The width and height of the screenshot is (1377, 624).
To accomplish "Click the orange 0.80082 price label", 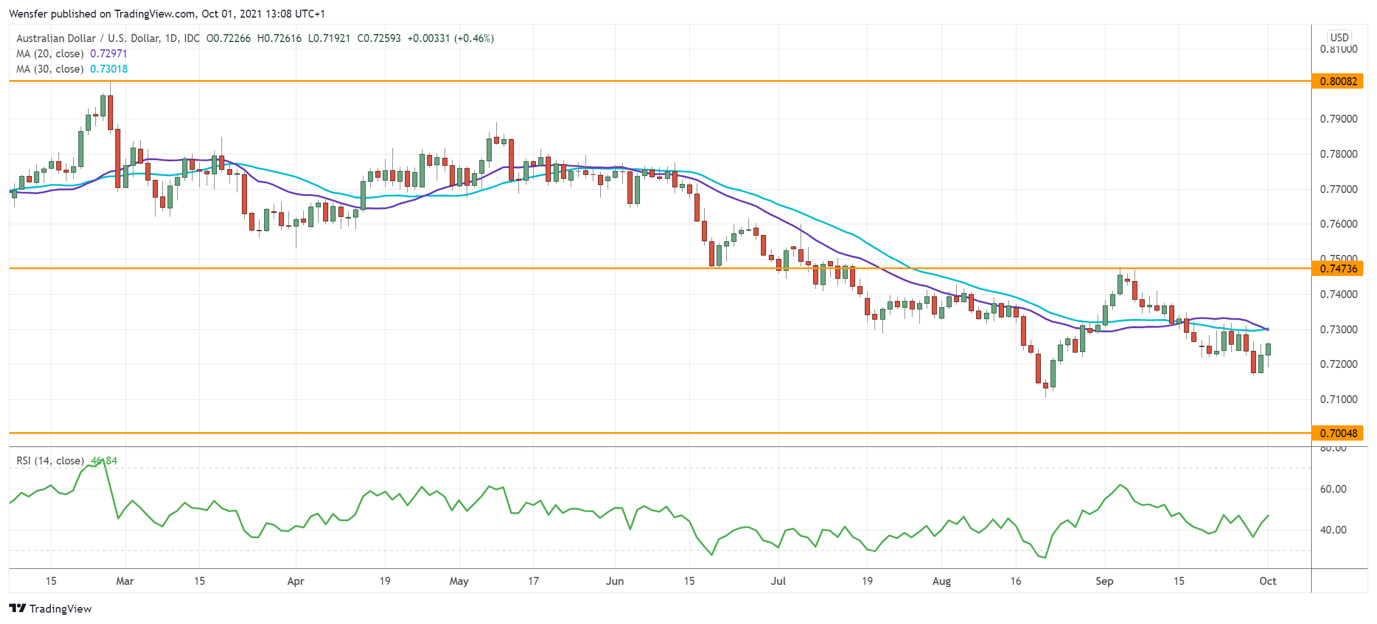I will (x=1338, y=81).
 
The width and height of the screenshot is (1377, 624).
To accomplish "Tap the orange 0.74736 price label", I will (x=1338, y=269).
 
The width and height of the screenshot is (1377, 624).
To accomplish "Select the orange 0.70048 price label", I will (x=1338, y=433).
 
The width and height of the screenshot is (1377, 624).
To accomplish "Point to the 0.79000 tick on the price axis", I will (x=1338, y=119).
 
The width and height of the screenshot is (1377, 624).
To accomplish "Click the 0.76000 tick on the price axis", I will (x=1338, y=224).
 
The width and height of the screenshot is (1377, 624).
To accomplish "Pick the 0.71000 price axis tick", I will (x=1338, y=399).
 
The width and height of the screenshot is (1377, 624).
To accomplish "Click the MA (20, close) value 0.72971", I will (x=108, y=53).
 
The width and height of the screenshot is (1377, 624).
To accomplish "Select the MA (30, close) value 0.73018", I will (x=108, y=69).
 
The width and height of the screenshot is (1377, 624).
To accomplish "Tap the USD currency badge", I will (x=1339, y=37).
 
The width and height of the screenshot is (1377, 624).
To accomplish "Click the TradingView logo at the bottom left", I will (x=51, y=609).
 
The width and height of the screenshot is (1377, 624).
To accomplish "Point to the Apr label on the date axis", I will (x=295, y=581).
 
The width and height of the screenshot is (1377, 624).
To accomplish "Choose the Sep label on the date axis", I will (x=1104, y=581).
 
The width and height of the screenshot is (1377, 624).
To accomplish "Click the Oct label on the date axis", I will (x=1267, y=581).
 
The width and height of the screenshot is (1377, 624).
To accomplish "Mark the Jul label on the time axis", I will (x=778, y=581).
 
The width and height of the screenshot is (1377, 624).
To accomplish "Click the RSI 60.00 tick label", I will (x=1333, y=489).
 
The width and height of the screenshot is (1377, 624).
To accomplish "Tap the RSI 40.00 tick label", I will (x=1333, y=530).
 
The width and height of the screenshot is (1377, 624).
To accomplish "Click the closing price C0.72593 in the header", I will (x=379, y=38).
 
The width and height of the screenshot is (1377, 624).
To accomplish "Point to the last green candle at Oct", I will (x=1268, y=349).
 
